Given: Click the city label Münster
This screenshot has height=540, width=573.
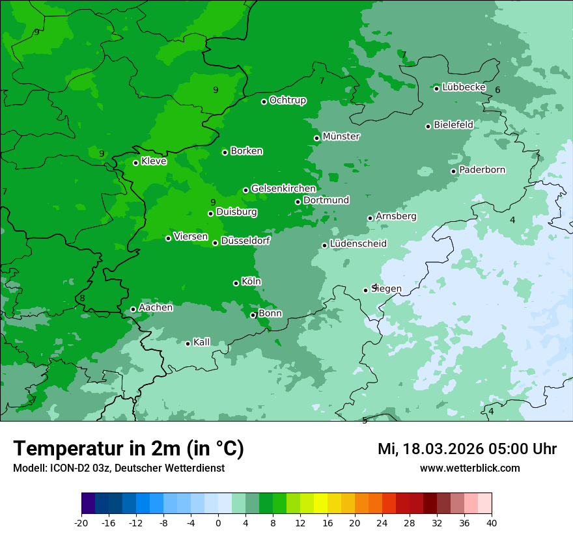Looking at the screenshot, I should (341, 137).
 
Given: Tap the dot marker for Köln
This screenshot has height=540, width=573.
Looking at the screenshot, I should (236, 283).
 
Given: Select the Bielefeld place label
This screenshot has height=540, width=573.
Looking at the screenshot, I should (454, 124).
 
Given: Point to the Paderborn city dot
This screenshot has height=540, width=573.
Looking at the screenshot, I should (454, 171).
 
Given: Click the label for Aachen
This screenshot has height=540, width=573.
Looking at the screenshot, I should (156, 308).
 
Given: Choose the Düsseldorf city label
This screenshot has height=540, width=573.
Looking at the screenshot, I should (245, 241).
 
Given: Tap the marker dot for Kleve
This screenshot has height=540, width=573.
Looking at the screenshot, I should (135, 163).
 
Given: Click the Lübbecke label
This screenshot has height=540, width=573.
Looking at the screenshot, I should (464, 87).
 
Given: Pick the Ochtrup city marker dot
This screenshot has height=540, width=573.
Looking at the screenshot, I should (264, 101).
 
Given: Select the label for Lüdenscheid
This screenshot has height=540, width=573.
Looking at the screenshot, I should (358, 244).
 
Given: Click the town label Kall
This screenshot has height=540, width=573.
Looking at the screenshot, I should (202, 342).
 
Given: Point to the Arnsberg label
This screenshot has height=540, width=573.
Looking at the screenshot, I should (396, 216).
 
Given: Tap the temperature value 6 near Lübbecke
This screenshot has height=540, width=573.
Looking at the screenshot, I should (497, 90).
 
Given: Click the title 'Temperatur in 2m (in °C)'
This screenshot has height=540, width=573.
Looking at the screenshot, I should (128, 449).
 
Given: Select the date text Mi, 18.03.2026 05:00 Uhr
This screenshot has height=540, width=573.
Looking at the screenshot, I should (467, 449).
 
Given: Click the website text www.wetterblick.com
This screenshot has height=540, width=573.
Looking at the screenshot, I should (469, 468).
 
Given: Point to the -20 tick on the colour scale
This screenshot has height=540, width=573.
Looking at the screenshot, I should (81, 522).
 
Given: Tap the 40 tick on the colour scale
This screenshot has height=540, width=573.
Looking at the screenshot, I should (492, 522).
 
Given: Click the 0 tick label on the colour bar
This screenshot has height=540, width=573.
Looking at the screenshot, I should (218, 522).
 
